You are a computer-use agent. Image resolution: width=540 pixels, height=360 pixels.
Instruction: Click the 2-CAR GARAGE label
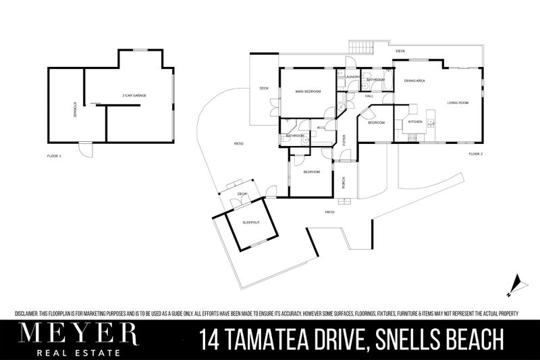point(134,96)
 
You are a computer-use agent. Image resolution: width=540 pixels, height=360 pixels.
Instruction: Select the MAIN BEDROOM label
point(308,91)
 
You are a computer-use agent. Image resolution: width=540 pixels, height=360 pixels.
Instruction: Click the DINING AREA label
point(414,81)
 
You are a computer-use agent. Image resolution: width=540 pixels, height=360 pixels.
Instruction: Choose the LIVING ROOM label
point(458,103)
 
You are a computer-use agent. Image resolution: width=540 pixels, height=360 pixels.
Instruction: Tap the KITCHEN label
point(415,122)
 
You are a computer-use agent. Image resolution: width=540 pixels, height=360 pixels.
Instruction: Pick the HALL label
point(369,96)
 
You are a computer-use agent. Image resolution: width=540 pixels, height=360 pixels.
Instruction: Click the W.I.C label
point(321,127)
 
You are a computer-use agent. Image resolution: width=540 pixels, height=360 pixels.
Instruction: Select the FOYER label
point(344,141)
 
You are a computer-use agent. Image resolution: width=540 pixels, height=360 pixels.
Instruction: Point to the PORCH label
point(344,182)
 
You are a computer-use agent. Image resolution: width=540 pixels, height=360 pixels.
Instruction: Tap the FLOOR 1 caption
point(54,156)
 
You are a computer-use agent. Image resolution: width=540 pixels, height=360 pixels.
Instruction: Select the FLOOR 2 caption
point(476,155)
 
